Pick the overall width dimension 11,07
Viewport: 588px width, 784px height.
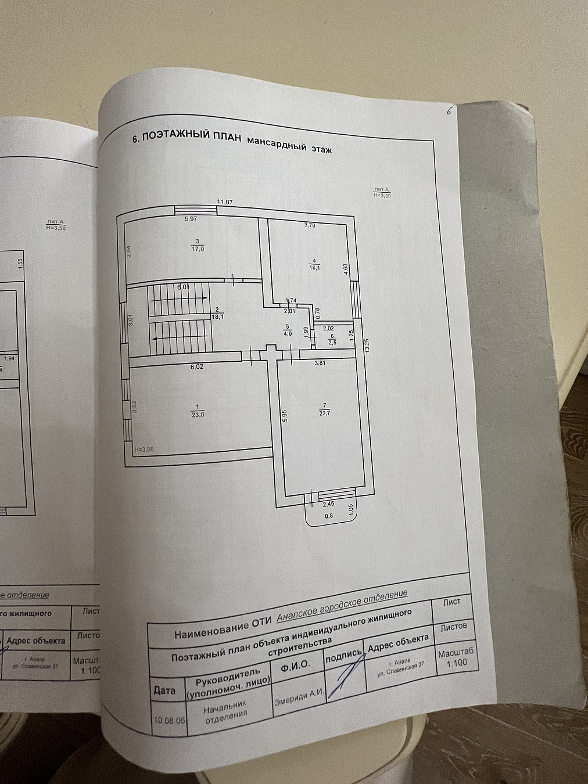pos(225,202)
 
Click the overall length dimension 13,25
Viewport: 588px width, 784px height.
pos(366,346)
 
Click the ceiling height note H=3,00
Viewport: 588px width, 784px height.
pos(144,449)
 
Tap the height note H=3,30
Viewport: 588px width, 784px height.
pos(382,196)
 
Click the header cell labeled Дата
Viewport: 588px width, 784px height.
pos(165,691)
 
